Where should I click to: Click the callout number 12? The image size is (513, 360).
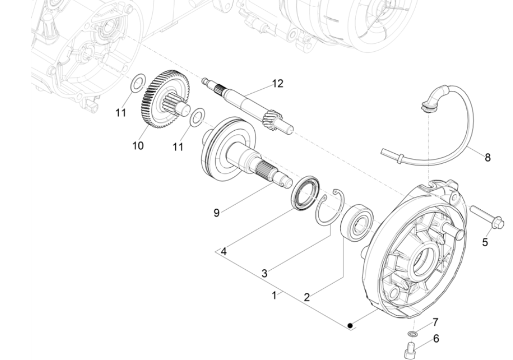(x=277, y=84)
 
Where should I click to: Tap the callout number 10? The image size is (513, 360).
(x=138, y=146)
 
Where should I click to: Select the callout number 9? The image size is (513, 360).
(x=217, y=212)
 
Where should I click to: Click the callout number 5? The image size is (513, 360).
(x=485, y=242)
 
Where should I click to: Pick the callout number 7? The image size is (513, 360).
(x=436, y=323)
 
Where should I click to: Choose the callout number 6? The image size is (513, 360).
(x=436, y=338)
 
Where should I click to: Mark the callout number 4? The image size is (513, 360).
(x=223, y=251)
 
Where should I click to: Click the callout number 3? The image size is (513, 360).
(x=264, y=273)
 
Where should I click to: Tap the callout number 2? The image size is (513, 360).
(x=306, y=297)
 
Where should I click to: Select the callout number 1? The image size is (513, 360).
(x=275, y=295)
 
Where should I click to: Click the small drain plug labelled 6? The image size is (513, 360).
(x=411, y=351)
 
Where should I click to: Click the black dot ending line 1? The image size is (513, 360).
(x=350, y=325)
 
